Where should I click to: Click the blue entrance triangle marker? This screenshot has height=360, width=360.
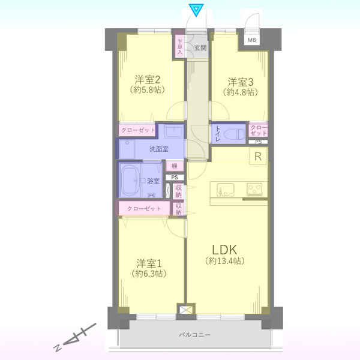tap(196, 10)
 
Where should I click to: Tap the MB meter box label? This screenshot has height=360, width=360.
tap(251, 40)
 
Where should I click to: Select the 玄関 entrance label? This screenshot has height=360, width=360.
tap(200, 48)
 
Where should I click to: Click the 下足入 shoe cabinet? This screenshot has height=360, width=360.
tap(179, 46)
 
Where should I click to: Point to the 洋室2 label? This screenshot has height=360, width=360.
tap(148, 80)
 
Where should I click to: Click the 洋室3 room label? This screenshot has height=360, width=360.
tap(241, 82)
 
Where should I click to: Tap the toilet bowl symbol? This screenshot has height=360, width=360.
tap(235, 134)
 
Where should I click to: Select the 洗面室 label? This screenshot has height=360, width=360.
tap(159, 149)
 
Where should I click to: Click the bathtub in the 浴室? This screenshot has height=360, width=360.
tap(130, 180)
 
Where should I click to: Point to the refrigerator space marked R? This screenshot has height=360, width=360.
tap(258, 156)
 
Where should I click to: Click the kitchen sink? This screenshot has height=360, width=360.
tap(226, 190)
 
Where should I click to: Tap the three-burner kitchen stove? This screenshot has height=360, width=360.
tap(254, 189)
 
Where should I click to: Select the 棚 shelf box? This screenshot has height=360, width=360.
tap(175, 166)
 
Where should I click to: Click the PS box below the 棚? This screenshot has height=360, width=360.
tap(175, 177)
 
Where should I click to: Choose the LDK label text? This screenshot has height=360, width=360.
tap(224, 250)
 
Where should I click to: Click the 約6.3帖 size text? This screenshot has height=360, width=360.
tap(149, 274)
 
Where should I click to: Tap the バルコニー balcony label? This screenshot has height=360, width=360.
tap(194, 335)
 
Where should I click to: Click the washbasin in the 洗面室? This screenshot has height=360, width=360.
tap(174, 131)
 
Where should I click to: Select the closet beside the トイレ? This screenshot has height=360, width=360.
tap(258, 130)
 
